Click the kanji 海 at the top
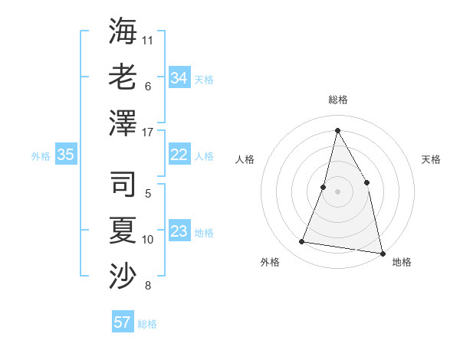[x=123, y=31]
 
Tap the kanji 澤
[x=123, y=123]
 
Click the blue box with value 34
[x=179, y=77]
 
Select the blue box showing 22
[x=179, y=155]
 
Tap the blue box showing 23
[x=179, y=231]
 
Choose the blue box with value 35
[x=66, y=155]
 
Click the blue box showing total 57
[x=123, y=322]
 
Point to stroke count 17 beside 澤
[x=148, y=132]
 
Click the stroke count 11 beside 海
[x=148, y=40]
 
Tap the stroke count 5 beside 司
[x=148, y=194]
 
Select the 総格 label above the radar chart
[x=337, y=100]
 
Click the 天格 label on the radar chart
[x=431, y=159]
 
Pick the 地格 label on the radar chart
[x=402, y=262]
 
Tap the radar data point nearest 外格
[x=302, y=242]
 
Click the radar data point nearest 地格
[x=382, y=253]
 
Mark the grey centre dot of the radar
[x=337, y=191]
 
